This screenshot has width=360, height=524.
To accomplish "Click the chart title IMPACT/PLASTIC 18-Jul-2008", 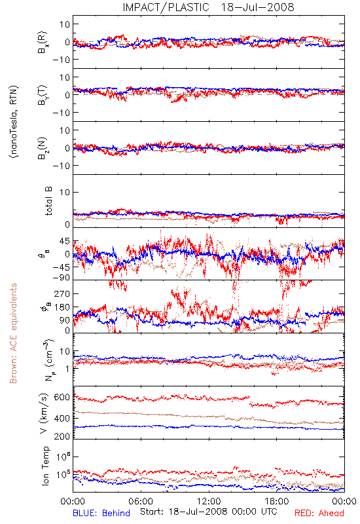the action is tap(208, 7).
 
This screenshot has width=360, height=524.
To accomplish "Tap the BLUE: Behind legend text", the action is tap(101, 513).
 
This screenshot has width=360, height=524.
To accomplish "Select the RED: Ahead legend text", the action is tap(319, 513).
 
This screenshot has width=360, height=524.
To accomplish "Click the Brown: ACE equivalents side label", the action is tap(13, 333).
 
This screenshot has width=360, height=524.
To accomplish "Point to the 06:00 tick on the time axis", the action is tap(141, 501).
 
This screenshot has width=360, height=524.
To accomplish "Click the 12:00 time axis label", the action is tap(209, 501).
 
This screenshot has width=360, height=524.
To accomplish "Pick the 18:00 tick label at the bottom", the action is tap(277, 501).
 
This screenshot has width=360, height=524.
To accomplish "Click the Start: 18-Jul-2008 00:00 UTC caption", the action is tap(208, 512).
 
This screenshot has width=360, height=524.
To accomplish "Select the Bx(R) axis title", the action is tap(43, 42).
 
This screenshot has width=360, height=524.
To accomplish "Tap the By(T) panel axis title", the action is tap(43, 95).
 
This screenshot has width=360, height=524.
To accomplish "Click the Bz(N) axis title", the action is tap(43, 148).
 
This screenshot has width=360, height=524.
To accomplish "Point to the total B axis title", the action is tap(48, 201).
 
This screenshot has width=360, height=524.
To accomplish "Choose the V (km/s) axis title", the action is tap(44, 413).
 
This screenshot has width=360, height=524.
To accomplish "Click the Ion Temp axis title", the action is tap(45, 466).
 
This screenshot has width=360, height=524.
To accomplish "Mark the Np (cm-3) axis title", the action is tap(48, 360).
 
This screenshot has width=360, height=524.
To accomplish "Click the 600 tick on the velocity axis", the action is tap(62, 398).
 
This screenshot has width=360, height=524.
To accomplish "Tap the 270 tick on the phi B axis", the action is tap(62, 293).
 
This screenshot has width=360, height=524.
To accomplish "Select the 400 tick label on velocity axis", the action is tap(62, 418).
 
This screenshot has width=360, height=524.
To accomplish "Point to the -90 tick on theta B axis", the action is tap(61, 278).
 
